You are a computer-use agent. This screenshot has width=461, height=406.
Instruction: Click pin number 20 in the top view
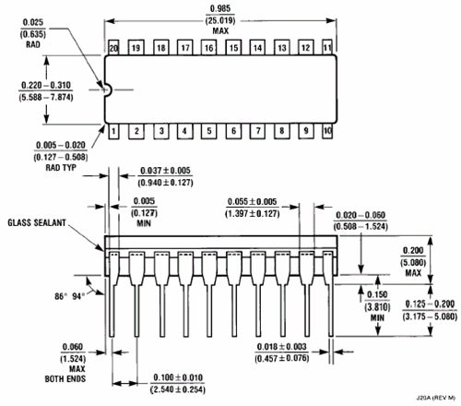click(x=113, y=48)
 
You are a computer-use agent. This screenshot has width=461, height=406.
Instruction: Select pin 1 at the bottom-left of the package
click(x=113, y=131)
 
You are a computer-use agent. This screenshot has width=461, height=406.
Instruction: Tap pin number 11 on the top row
click(x=327, y=47)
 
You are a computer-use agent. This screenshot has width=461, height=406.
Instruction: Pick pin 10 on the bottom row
click(x=327, y=131)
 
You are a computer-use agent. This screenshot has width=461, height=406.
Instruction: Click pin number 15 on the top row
click(x=233, y=48)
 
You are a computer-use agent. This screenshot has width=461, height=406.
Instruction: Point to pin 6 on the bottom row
click(x=233, y=131)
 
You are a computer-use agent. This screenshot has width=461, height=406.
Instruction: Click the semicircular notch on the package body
click(x=108, y=90)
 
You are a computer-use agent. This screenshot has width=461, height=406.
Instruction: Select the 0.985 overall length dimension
click(x=220, y=8)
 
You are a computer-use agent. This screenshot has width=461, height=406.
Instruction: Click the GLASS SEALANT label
click(x=37, y=222)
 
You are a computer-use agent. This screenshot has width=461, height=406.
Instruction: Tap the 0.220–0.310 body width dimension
click(x=46, y=85)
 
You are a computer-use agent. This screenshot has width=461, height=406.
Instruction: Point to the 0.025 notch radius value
click(x=33, y=22)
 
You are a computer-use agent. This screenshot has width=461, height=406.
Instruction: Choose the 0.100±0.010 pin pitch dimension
click(x=178, y=377)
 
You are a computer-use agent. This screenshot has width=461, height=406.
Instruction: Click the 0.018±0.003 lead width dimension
click(x=282, y=347)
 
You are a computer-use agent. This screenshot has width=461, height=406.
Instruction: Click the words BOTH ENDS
click(x=65, y=379)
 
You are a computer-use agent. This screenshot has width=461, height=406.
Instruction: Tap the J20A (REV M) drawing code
click(x=436, y=398)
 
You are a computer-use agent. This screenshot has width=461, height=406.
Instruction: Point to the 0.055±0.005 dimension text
click(x=253, y=202)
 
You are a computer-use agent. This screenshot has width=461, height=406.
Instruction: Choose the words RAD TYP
click(x=61, y=168)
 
